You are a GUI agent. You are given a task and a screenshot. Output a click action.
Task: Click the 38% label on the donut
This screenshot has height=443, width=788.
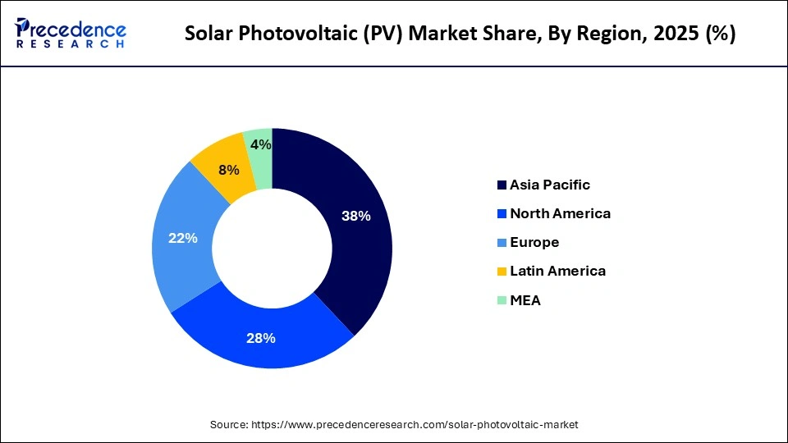[x=356, y=217]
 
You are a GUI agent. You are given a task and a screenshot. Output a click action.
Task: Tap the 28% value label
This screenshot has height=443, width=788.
[x=261, y=338]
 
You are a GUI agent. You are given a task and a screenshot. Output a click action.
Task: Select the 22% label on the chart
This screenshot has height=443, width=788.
[x=183, y=238]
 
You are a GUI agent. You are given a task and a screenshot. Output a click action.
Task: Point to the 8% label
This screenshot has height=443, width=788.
[x=229, y=170]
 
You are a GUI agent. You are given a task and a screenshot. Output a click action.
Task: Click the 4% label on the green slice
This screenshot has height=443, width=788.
[x=261, y=144]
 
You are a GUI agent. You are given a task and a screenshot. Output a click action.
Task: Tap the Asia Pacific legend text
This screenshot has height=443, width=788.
[x=549, y=185]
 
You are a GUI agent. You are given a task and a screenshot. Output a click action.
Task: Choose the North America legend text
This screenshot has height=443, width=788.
[x=560, y=213]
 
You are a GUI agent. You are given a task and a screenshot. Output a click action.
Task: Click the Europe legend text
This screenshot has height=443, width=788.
[x=534, y=242]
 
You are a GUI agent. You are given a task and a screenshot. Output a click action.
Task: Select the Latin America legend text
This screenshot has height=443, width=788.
[x=557, y=271]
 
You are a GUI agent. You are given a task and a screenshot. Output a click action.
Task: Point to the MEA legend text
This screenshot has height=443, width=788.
[x=525, y=300]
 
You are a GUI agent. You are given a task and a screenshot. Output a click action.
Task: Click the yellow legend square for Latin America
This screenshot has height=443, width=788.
[x=501, y=272]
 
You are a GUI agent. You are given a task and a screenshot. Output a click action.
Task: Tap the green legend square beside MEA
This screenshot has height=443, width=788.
[x=501, y=300]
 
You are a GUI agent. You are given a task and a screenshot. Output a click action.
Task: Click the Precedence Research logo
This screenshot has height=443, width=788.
[x=71, y=33]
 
